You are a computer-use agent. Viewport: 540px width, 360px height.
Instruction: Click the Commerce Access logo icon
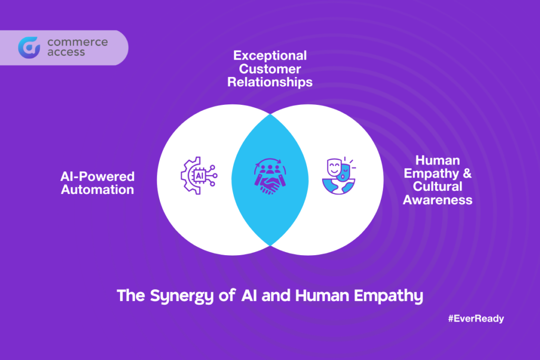tap(30, 47)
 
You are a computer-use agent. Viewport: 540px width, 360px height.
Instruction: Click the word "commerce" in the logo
tap(78, 42)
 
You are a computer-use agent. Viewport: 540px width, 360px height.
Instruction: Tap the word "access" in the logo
tap(66, 52)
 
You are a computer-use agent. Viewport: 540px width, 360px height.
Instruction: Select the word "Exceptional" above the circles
tap(270, 55)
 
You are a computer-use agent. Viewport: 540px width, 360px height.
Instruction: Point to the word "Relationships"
tap(270, 82)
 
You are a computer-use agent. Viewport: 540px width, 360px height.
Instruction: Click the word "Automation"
tap(98, 190)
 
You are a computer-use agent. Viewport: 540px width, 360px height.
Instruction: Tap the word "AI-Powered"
tap(98, 177)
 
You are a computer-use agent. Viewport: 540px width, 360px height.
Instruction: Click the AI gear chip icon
tap(199, 176)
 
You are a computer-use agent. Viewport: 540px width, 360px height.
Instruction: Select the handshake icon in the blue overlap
tap(270, 177)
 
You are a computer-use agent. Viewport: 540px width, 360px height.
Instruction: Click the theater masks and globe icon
tap(339, 176)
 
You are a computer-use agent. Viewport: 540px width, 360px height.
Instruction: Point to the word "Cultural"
tap(437, 187)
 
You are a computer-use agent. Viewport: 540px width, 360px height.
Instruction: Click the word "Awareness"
tap(437, 200)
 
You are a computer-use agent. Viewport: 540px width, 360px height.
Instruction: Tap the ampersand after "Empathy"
tap(467, 173)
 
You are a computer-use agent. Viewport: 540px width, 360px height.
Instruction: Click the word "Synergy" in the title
tap(182, 296)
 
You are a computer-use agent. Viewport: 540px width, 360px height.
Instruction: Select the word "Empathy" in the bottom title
tap(389, 296)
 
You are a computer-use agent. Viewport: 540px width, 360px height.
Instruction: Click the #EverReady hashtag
tap(476, 319)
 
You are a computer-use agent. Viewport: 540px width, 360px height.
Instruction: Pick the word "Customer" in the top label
tap(270, 69)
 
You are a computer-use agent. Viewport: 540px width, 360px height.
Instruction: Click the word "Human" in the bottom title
tap(322, 296)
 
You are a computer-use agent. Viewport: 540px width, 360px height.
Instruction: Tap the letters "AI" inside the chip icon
tap(199, 176)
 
